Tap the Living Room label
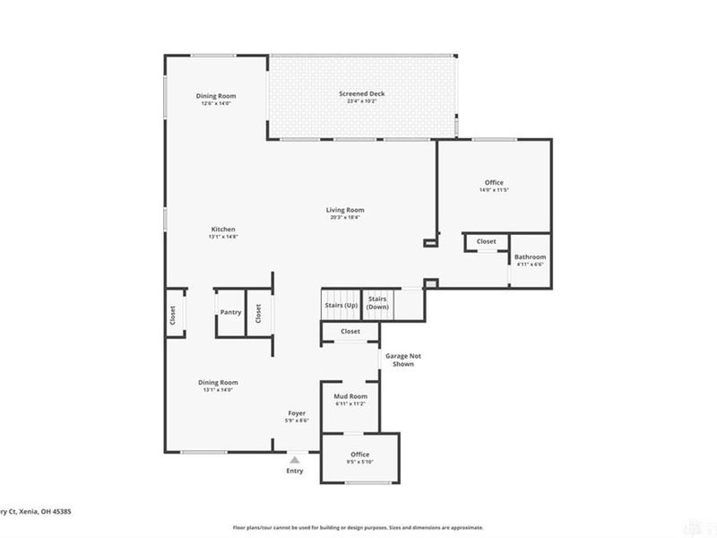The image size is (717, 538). pos(345,210)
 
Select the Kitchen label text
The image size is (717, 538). pos(223,229)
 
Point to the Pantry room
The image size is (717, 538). pos(230,313)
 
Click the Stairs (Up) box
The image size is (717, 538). pos(341,306)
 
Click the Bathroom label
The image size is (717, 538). pos(530,257)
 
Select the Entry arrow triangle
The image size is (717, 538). pos(294,457)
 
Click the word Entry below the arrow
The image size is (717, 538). pos(294,471)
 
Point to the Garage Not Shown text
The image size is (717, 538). pos(403,360)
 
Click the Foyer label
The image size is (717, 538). pos(296,413)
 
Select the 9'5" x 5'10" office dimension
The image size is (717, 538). pos(360,462)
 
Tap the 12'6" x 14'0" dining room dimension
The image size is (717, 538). pos(216,103)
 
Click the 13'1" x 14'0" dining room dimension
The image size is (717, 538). pos(218,390)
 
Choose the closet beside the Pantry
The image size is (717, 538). pos(258,313)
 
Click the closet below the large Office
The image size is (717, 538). pos(487,241)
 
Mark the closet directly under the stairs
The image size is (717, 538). pos(350,331)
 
